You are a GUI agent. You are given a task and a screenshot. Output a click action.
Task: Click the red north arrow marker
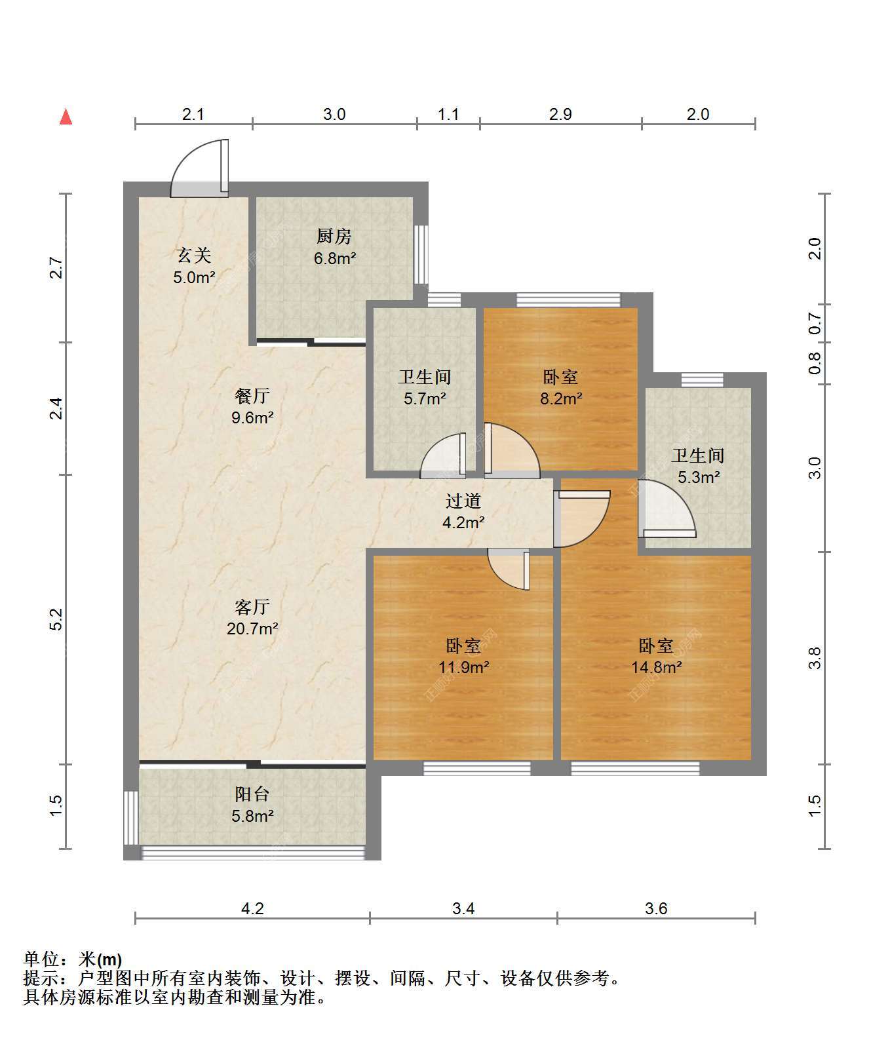click(66, 117)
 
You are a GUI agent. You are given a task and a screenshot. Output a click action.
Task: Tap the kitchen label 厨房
click(334, 236)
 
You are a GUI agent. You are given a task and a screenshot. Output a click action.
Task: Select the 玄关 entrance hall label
click(194, 256)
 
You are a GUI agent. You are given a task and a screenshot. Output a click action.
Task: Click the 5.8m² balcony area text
click(252, 816)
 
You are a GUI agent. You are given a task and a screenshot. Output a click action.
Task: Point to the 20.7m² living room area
click(252, 629)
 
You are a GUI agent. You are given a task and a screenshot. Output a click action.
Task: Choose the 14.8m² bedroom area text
click(656, 667)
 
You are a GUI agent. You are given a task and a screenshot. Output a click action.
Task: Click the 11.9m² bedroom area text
click(463, 667)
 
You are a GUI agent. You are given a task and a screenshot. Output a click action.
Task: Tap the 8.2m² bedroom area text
click(561, 398)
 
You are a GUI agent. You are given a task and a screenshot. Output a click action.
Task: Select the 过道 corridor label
click(463, 501)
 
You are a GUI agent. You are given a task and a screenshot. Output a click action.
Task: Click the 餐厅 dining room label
click(252, 396)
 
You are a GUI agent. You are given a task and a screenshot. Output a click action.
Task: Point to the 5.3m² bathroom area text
click(699, 477)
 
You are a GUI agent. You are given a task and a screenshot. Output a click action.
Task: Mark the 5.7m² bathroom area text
click(425, 398)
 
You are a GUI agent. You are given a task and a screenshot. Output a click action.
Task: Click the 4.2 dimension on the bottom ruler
click(252, 908)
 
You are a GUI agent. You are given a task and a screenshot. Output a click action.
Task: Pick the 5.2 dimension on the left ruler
click(56, 619)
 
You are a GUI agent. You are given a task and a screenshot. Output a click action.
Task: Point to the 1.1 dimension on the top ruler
click(448, 115)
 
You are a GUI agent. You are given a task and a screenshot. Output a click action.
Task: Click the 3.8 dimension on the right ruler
click(815, 658)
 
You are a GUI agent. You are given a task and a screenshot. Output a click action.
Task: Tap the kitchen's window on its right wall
click(421, 254)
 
